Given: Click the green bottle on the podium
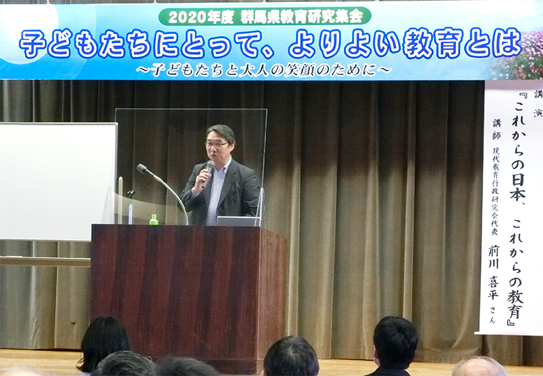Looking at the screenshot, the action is point(153,219).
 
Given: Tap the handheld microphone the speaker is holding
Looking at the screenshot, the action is point(207,173).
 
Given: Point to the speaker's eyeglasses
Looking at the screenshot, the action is point(217,144).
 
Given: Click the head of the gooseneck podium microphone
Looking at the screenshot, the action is point(142,169).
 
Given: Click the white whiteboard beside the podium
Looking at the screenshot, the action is point(58,181).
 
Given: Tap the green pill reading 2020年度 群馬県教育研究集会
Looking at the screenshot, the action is point(265,16).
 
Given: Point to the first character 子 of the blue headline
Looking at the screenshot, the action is point(33,44).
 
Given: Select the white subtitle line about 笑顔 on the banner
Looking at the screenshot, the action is point(264,70).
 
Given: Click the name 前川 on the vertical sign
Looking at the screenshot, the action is point(494,257).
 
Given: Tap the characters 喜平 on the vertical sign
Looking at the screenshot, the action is point(493,288).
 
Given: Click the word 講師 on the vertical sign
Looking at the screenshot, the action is point(496,128).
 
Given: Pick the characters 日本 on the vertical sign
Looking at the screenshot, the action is point(518,188).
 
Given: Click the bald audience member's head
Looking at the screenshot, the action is point(478,367).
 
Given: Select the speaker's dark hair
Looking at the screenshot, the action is point(221,132).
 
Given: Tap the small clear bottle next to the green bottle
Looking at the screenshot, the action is point(130,213).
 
